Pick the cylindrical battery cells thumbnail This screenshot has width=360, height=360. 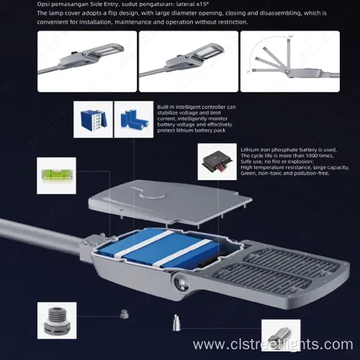[134, 118]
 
